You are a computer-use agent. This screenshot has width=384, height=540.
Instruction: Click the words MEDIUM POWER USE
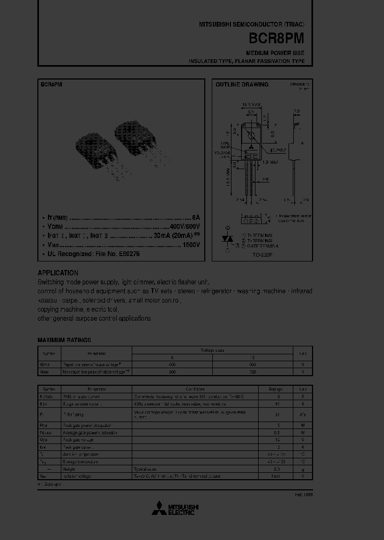click(275, 53)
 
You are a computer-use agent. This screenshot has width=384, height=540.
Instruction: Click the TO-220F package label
click(261, 256)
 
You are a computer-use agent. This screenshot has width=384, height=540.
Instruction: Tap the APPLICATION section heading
click(58, 273)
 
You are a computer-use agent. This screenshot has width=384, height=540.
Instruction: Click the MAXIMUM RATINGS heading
click(64, 340)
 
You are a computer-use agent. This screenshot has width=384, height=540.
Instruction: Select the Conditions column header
click(195, 389)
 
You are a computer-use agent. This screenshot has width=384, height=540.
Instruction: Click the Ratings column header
click(276, 389)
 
